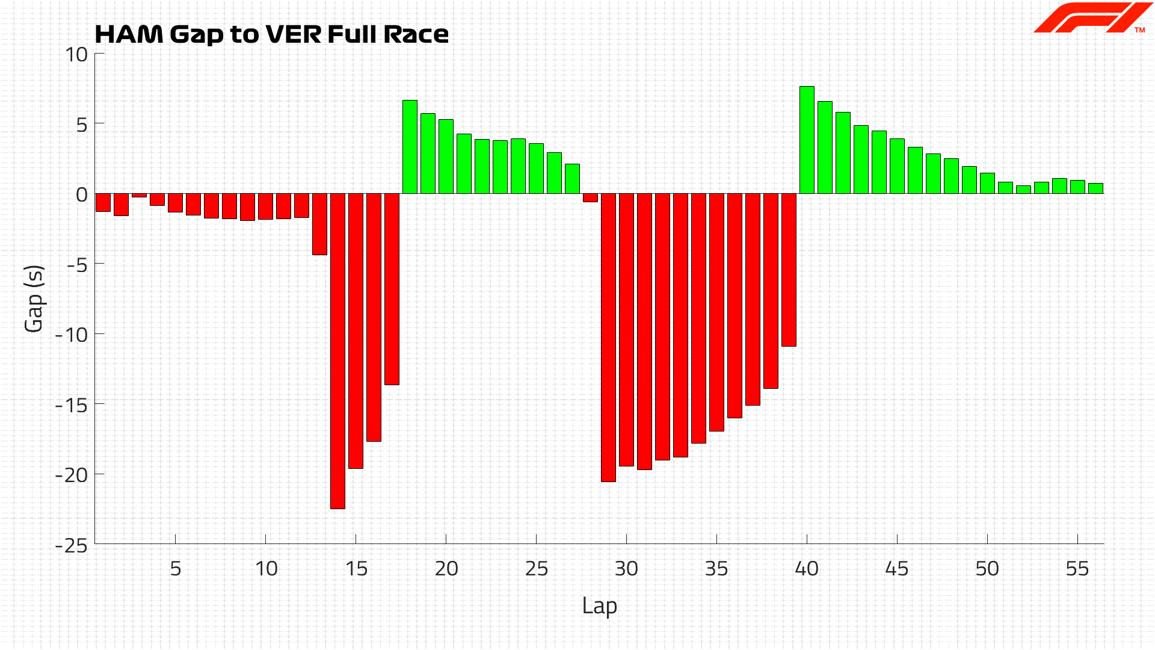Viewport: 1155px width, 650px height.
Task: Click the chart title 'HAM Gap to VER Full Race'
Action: (x=272, y=34)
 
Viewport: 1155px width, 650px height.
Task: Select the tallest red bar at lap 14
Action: (x=337, y=351)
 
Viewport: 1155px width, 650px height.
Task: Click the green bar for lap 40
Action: (x=807, y=140)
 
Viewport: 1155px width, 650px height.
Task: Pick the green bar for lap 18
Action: (x=410, y=147)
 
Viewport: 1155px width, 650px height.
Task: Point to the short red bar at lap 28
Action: (x=590, y=198)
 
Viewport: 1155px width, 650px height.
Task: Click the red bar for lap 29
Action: (x=608, y=337)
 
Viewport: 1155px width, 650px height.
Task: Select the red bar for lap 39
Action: (x=789, y=270)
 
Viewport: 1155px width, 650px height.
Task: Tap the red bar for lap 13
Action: (x=319, y=224)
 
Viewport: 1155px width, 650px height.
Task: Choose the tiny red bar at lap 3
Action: (x=139, y=196)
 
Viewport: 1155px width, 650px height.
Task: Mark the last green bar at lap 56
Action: (x=1095, y=188)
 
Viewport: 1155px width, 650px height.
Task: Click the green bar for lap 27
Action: (x=572, y=179)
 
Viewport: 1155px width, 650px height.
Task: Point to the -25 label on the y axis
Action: (x=72, y=545)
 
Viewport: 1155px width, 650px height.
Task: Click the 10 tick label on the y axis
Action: (x=76, y=55)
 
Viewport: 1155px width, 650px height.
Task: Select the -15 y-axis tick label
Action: (x=72, y=405)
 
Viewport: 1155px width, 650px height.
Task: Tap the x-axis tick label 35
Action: (x=716, y=569)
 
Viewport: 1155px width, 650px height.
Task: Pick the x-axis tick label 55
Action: (x=1077, y=569)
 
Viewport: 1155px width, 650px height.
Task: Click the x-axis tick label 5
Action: (x=175, y=569)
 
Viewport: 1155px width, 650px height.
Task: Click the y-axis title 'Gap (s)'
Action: (x=34, y=299)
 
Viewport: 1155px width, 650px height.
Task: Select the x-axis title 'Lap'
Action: (x=599, y=606)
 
